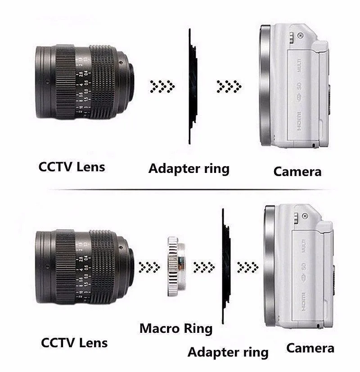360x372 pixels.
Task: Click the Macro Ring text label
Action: (175, 328)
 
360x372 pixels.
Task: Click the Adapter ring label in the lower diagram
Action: (228, 352)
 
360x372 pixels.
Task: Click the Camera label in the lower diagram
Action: (310, 348)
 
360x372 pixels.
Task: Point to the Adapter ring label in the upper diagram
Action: (189, 169)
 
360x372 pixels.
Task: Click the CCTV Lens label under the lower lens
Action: (74, 343)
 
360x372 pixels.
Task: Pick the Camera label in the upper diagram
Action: (297, 171)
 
